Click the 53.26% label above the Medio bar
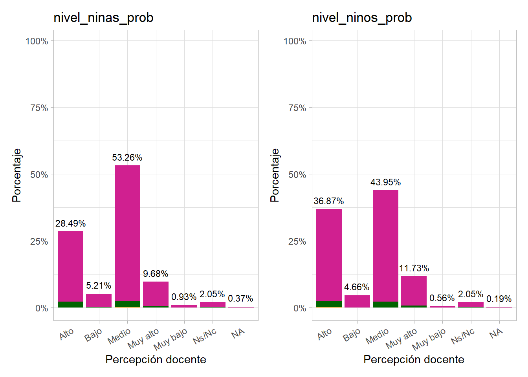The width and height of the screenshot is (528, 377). [x=127, y=157]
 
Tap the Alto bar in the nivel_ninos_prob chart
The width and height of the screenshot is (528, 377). [x=329, y=255]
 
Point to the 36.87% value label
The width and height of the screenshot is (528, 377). [x=328, y=201]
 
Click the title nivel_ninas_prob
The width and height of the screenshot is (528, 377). [x=103, y=18]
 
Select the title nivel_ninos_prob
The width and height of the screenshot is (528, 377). [x=361, y=18]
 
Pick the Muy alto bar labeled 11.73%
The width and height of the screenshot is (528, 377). [x=414, y=291]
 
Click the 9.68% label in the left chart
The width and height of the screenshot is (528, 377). [x=156, y=274]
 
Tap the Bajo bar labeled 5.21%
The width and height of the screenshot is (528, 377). [x=99, y=300]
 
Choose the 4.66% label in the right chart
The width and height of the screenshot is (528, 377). [x=357, y=287]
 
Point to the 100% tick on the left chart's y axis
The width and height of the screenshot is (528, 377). [x=37, y=41]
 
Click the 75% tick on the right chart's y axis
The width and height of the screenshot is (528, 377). [x=297, y=108]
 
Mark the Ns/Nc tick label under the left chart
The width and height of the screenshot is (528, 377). [x=205, y=336]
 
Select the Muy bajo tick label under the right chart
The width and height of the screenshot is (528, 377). [x=429, y=339]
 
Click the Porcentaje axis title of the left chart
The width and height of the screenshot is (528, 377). [x=16, y=175]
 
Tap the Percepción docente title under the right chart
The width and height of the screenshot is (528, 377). [x=414, y=359]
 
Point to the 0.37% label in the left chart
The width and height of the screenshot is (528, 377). [x=240, y=299]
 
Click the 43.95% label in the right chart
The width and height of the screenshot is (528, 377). [x=385, y=182]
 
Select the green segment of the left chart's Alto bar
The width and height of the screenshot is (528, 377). [x=70, y=304]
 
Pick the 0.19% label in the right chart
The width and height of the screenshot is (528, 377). [x=499, y=299]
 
